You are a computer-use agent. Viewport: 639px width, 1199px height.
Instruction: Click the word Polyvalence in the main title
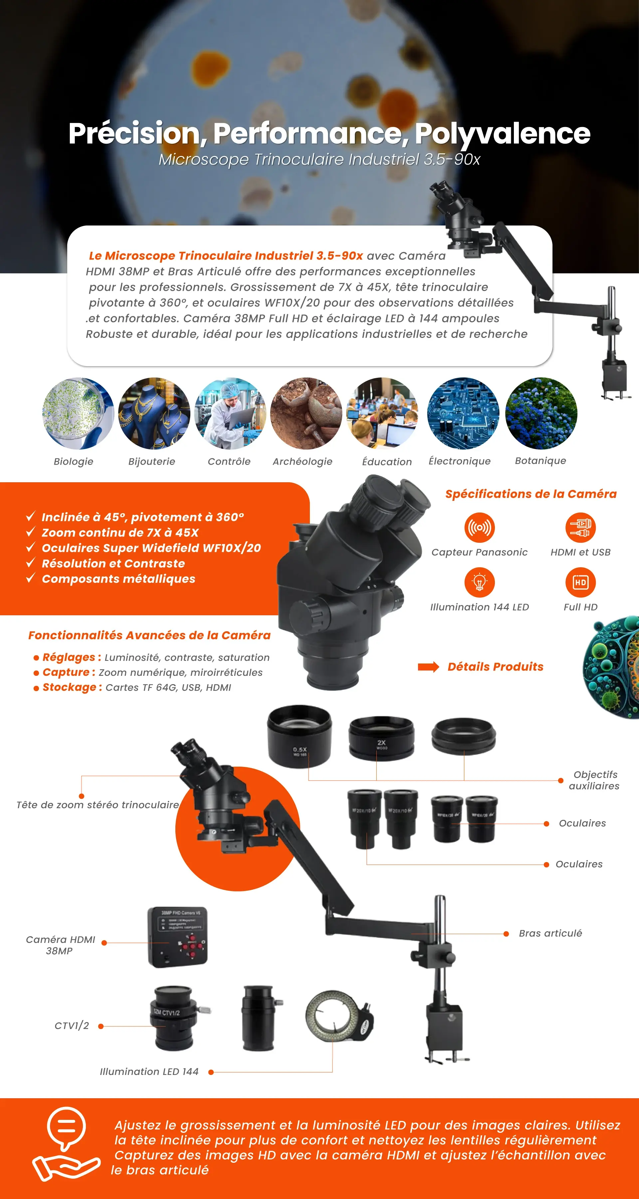click(502, 134)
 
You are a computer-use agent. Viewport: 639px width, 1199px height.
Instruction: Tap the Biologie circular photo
click(78, 413)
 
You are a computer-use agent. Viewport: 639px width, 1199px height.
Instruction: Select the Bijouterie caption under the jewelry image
click(152, 461)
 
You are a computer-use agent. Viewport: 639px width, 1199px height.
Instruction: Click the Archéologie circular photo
click(306, 413)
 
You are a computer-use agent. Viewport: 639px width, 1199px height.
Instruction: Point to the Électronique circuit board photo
click(463, 413)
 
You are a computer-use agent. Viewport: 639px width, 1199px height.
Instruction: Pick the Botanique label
click(540, 460)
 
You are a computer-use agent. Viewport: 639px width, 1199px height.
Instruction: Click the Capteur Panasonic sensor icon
click(479, 527)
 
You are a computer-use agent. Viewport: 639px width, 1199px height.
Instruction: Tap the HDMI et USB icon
click(580, 527)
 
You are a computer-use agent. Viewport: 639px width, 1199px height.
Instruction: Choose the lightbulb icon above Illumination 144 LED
click(479, 582)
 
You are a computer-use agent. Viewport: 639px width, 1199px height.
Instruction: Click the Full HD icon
click(580, 582)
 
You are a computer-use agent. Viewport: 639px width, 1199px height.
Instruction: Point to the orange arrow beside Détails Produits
click(428, 667)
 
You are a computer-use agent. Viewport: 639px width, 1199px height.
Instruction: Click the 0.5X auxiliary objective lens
click(300, 736)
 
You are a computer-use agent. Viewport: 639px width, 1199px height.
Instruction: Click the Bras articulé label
click(550, 933)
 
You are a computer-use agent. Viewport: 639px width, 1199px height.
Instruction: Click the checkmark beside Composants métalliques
click(31, 578)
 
